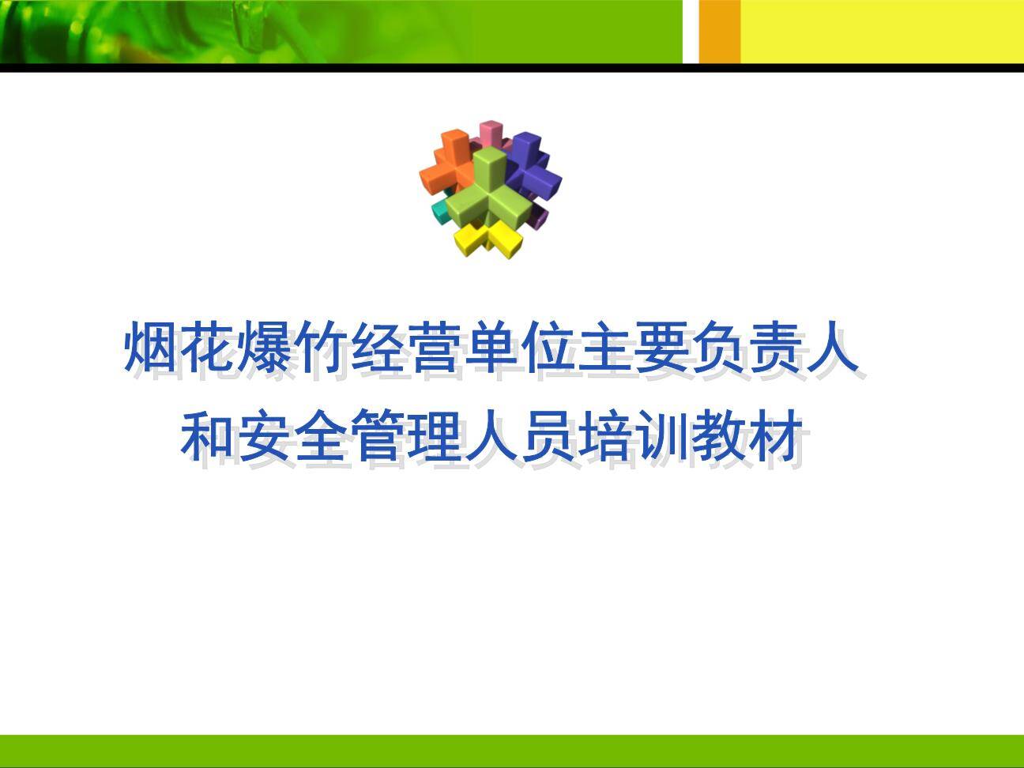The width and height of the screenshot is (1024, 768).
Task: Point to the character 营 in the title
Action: [435, 345]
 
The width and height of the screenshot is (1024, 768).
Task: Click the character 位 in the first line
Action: [548, 345]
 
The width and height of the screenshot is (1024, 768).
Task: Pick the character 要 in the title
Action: [662, 345]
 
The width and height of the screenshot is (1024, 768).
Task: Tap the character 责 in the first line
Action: [775, 345]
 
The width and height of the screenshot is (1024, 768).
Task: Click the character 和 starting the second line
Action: [208, 434]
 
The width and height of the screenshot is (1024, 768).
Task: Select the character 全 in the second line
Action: [322, 434]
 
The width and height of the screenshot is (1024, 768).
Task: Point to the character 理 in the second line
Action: [435, 434]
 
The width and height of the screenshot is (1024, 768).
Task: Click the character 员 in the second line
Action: [548, 434]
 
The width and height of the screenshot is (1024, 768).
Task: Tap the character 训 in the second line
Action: [661, 434]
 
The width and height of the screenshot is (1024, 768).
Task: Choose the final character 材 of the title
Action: [775, 434]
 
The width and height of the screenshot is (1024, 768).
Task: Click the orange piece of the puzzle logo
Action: [446, 164]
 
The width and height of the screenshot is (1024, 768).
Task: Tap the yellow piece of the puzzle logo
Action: [488, 239]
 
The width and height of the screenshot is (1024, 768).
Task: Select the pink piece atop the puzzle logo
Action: [491, 132]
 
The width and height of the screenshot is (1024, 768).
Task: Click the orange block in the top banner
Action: [719, 32]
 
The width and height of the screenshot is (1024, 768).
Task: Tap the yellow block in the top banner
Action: [883, 32]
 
